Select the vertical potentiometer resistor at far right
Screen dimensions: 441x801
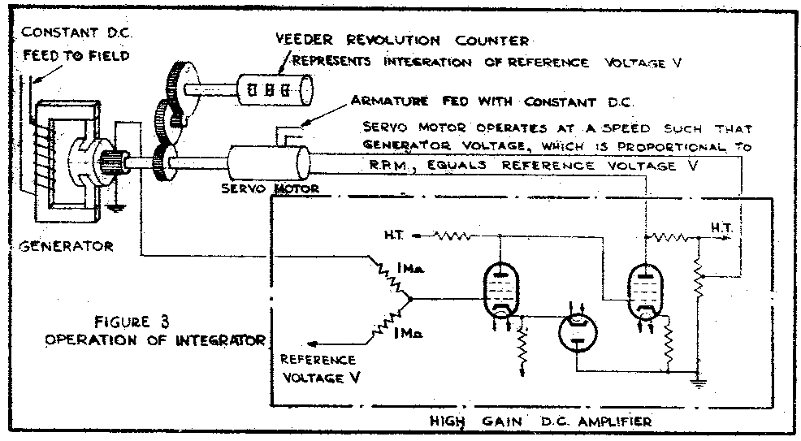click(x=697, y=279)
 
